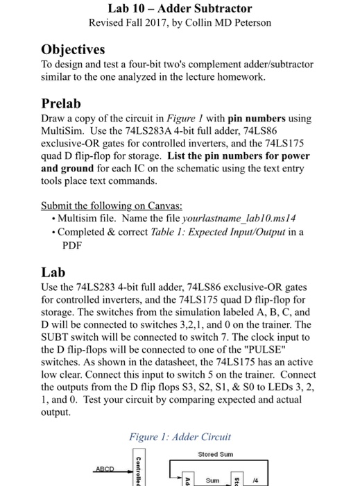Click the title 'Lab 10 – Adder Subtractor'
tap(180, 9)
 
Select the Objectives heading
tap(73, 49)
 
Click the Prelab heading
tap(62, 103)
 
